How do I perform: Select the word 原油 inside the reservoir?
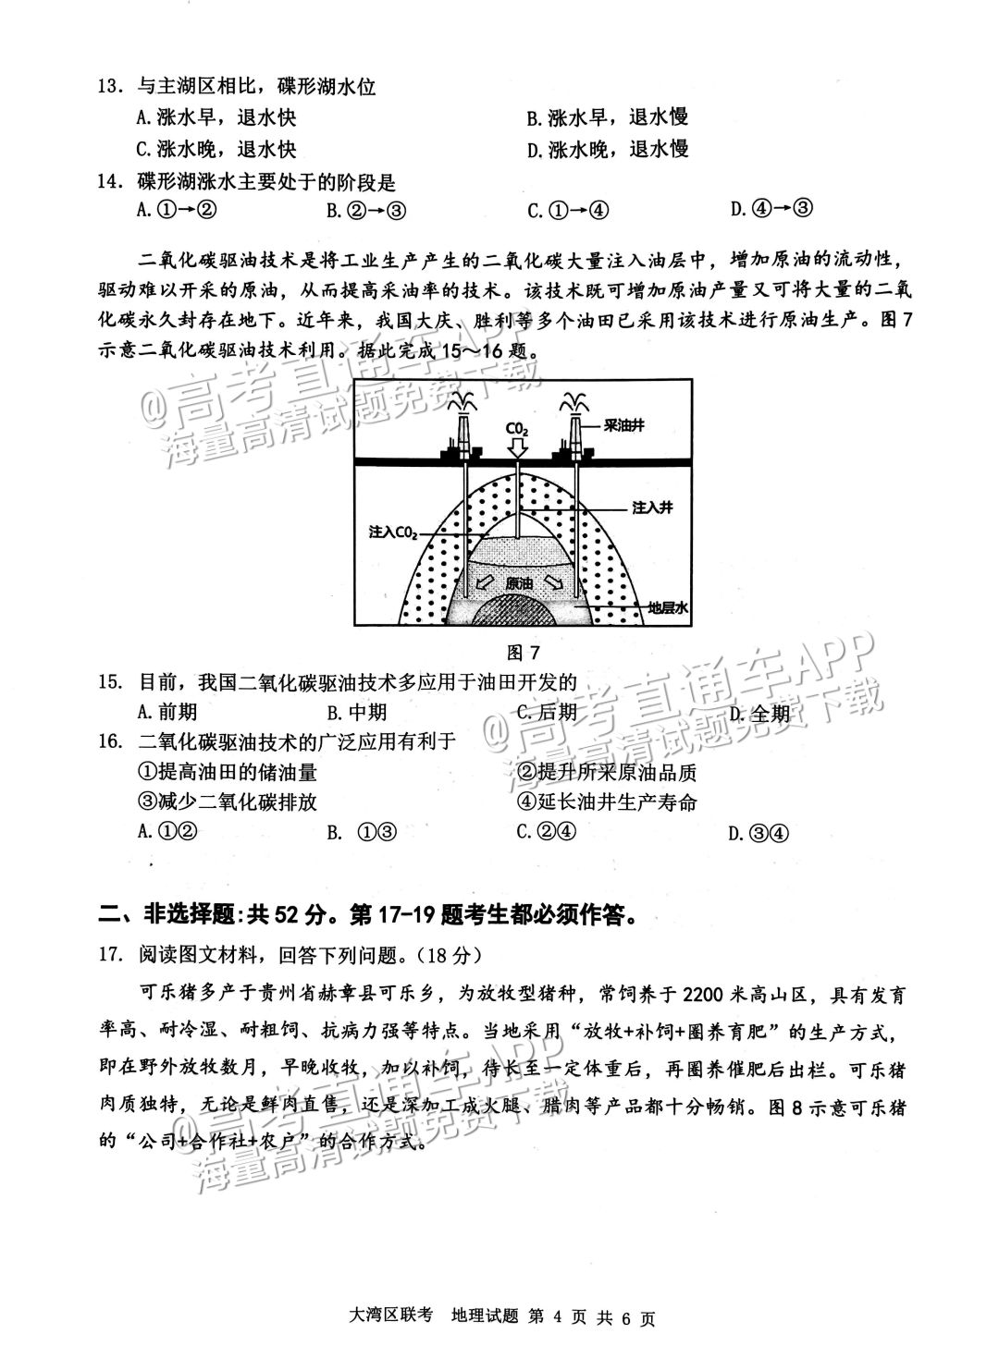tap(519, 583)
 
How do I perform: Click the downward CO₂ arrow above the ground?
tap(517, 447)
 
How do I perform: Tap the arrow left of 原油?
tap(484, 583)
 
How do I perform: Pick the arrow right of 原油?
tap(553, 582)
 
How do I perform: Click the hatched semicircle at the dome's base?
tap(519, 611)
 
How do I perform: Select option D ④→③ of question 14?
tap(771, 208)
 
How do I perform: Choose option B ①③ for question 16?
tap(363, 832)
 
